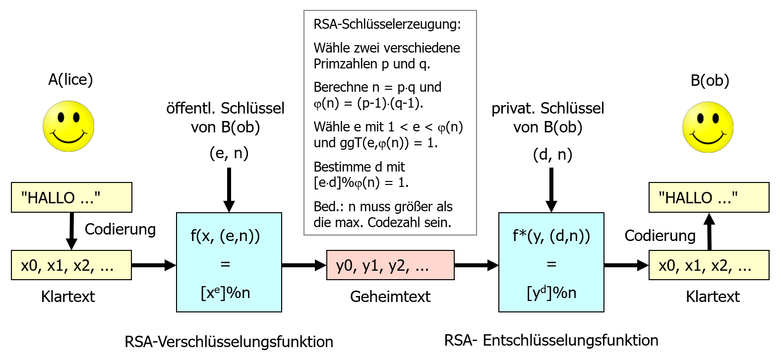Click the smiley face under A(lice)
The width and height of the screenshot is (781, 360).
coord(68,126)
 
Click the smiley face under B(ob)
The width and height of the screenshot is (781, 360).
coord(708,127)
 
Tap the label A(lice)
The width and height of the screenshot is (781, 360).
coord(70,79)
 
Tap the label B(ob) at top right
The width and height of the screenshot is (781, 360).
coord(710,80)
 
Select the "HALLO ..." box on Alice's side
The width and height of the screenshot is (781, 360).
coord(71,197)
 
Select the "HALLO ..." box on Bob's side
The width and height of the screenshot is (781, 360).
coord(709,197)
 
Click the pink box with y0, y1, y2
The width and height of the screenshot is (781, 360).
coord(390,265)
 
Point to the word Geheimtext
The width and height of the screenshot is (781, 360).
coord(390,297)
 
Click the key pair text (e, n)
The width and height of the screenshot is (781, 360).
coord(229,153)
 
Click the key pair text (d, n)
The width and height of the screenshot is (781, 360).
coord(552,154)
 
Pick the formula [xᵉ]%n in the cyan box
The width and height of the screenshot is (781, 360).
coord(225,293)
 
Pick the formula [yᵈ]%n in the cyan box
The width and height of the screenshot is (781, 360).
coord(551,293)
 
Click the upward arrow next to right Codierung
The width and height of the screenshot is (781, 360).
coord(709,231)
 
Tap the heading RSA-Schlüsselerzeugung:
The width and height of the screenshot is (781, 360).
coord(387,24)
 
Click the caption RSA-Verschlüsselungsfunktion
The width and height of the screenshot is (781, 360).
coord(229,342)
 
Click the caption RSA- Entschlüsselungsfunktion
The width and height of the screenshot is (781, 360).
coord(551,340)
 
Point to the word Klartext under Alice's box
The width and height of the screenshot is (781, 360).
coord(68,297)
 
